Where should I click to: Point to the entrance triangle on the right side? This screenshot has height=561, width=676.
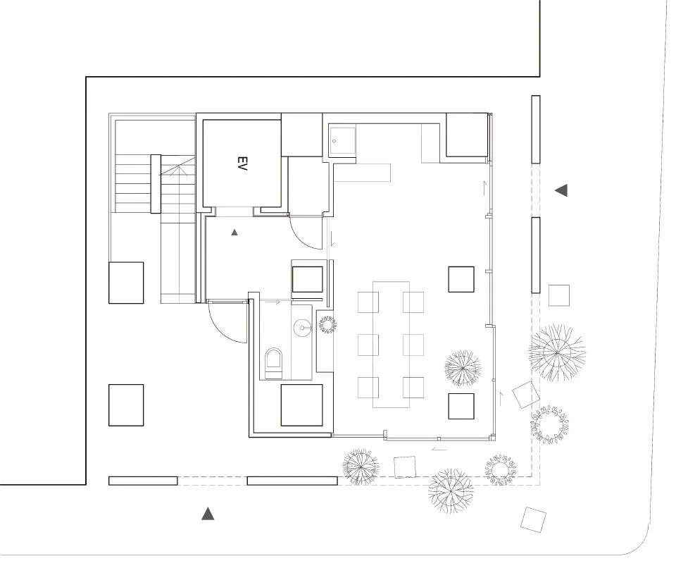coord(561,190)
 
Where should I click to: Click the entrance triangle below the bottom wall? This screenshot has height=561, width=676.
coord(208,514)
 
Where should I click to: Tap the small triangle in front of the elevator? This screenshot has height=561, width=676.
coord(234,231)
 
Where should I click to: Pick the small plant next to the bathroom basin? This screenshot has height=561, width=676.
coord(327,324)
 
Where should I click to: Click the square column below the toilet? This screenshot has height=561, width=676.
coord(301,405)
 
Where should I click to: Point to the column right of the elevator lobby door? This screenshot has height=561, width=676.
coord(307,279)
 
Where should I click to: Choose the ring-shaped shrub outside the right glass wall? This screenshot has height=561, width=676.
coord(549,425)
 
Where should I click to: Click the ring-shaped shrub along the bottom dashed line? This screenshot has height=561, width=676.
coord(501,470)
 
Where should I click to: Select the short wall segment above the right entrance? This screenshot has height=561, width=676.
coord(536,130)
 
